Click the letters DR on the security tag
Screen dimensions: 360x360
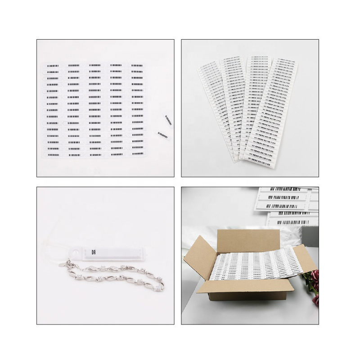click(93, 252)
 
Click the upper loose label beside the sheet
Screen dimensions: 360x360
click(168, 119)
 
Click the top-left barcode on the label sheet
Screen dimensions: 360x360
click(53, 66)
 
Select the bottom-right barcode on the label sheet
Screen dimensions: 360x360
click(137, 154)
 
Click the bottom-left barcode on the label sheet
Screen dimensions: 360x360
click(53, 154)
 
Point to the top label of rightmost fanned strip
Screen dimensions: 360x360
click(288, 60)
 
